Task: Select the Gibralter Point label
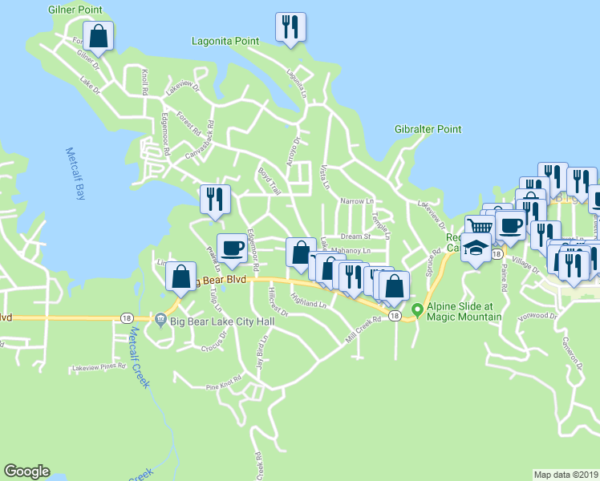(x=428, y=129)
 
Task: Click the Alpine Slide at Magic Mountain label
(x=464, y=311)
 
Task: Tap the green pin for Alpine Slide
(x=416, y=310)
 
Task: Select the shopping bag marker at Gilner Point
(x=98, y=35)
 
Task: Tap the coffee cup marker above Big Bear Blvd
(x=233, y=248)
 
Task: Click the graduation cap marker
(x=476, y=249)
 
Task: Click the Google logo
(x=26, y=471)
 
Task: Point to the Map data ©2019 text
(x=566, y=475)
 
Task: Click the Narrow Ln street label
(x=357, y=201)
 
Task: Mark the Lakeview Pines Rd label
(x=99, y=366)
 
